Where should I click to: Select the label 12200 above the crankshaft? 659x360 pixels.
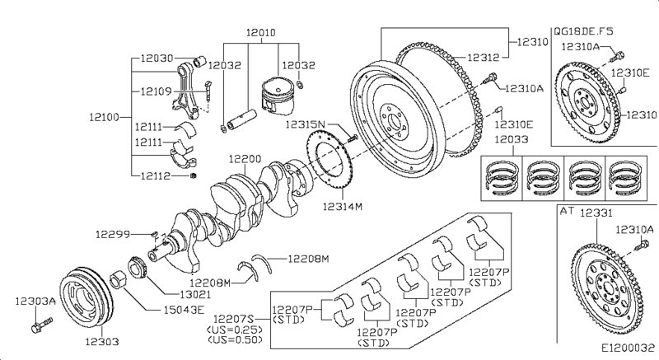pos(245,158)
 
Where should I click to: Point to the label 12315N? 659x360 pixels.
pos(306,124)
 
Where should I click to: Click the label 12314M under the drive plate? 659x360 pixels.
pos(343,206)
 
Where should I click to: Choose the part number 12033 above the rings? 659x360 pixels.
pos(511,139)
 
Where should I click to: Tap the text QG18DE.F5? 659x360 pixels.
pos(584,30)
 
